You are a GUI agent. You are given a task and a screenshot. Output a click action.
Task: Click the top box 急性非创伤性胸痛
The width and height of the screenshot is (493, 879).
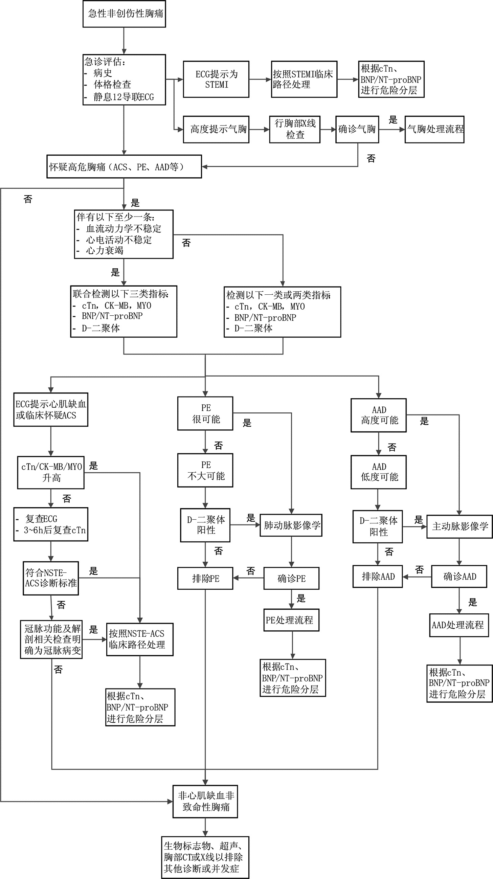124,14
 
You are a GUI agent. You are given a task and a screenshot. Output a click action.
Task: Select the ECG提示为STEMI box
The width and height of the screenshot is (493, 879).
216,79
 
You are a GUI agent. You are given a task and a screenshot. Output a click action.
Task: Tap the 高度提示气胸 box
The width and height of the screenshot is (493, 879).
216,129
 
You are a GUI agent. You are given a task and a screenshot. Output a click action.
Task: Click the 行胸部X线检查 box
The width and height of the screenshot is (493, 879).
295,129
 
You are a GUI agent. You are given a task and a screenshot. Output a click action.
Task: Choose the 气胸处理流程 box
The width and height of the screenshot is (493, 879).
434,129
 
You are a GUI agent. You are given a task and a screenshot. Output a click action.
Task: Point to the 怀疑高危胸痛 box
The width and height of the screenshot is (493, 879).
124,166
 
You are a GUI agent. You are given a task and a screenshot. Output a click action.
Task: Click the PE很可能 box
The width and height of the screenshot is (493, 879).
205,413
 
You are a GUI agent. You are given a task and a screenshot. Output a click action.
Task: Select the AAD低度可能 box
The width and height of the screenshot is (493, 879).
379,472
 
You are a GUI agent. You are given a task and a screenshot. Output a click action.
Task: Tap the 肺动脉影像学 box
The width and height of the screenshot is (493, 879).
291,525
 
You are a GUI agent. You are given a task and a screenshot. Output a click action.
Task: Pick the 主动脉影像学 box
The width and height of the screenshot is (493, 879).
460,526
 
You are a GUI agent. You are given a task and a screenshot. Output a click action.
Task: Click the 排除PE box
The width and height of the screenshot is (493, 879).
205,578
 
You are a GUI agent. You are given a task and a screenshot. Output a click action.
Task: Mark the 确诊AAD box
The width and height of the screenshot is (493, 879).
459,576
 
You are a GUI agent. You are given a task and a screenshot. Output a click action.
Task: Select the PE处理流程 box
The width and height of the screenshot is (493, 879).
291,620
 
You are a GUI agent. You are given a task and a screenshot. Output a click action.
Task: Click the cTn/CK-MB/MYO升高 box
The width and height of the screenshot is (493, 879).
51,473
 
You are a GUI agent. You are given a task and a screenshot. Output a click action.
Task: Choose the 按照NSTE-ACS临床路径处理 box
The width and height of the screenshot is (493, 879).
140,639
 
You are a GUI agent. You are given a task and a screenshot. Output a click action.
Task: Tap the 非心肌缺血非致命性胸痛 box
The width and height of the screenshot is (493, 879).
205,802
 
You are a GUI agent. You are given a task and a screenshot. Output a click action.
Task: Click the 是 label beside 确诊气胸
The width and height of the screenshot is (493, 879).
393,120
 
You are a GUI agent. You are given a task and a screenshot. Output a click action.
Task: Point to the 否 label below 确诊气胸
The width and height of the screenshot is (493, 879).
371,158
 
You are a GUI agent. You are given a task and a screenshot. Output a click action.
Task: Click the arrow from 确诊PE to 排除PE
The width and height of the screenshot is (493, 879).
248,578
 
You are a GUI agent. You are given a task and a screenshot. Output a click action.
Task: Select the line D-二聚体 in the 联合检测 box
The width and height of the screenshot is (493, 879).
100,328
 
